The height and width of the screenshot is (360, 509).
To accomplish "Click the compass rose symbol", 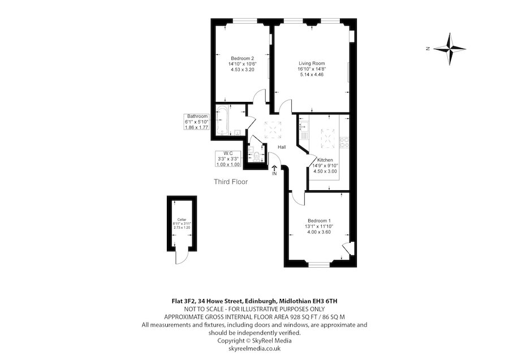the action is (450, 49).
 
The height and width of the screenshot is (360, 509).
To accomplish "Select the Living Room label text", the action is (312, 63).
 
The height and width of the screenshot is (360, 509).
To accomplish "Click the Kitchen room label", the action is (325, 160).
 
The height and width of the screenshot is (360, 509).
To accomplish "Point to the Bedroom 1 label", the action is (320, 221).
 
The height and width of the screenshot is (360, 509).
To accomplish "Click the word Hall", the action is (282, 147).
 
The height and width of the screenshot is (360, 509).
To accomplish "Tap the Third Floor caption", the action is (231, 182).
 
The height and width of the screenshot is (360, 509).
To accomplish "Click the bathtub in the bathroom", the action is (222, 120).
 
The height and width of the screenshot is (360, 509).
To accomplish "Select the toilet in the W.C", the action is (257, 156).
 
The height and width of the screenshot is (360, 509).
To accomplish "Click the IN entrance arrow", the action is (274, 168).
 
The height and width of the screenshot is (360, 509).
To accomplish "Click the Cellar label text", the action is (182, 220).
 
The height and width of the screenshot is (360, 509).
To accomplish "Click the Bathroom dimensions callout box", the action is (196, 122).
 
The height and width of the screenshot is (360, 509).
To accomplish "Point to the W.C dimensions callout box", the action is (228, 159).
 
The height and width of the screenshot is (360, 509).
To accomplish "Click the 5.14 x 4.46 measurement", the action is (312, 74).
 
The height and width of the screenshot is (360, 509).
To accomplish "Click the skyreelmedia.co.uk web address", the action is (255, 349).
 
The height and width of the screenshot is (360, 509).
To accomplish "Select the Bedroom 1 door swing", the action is (297, 199).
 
